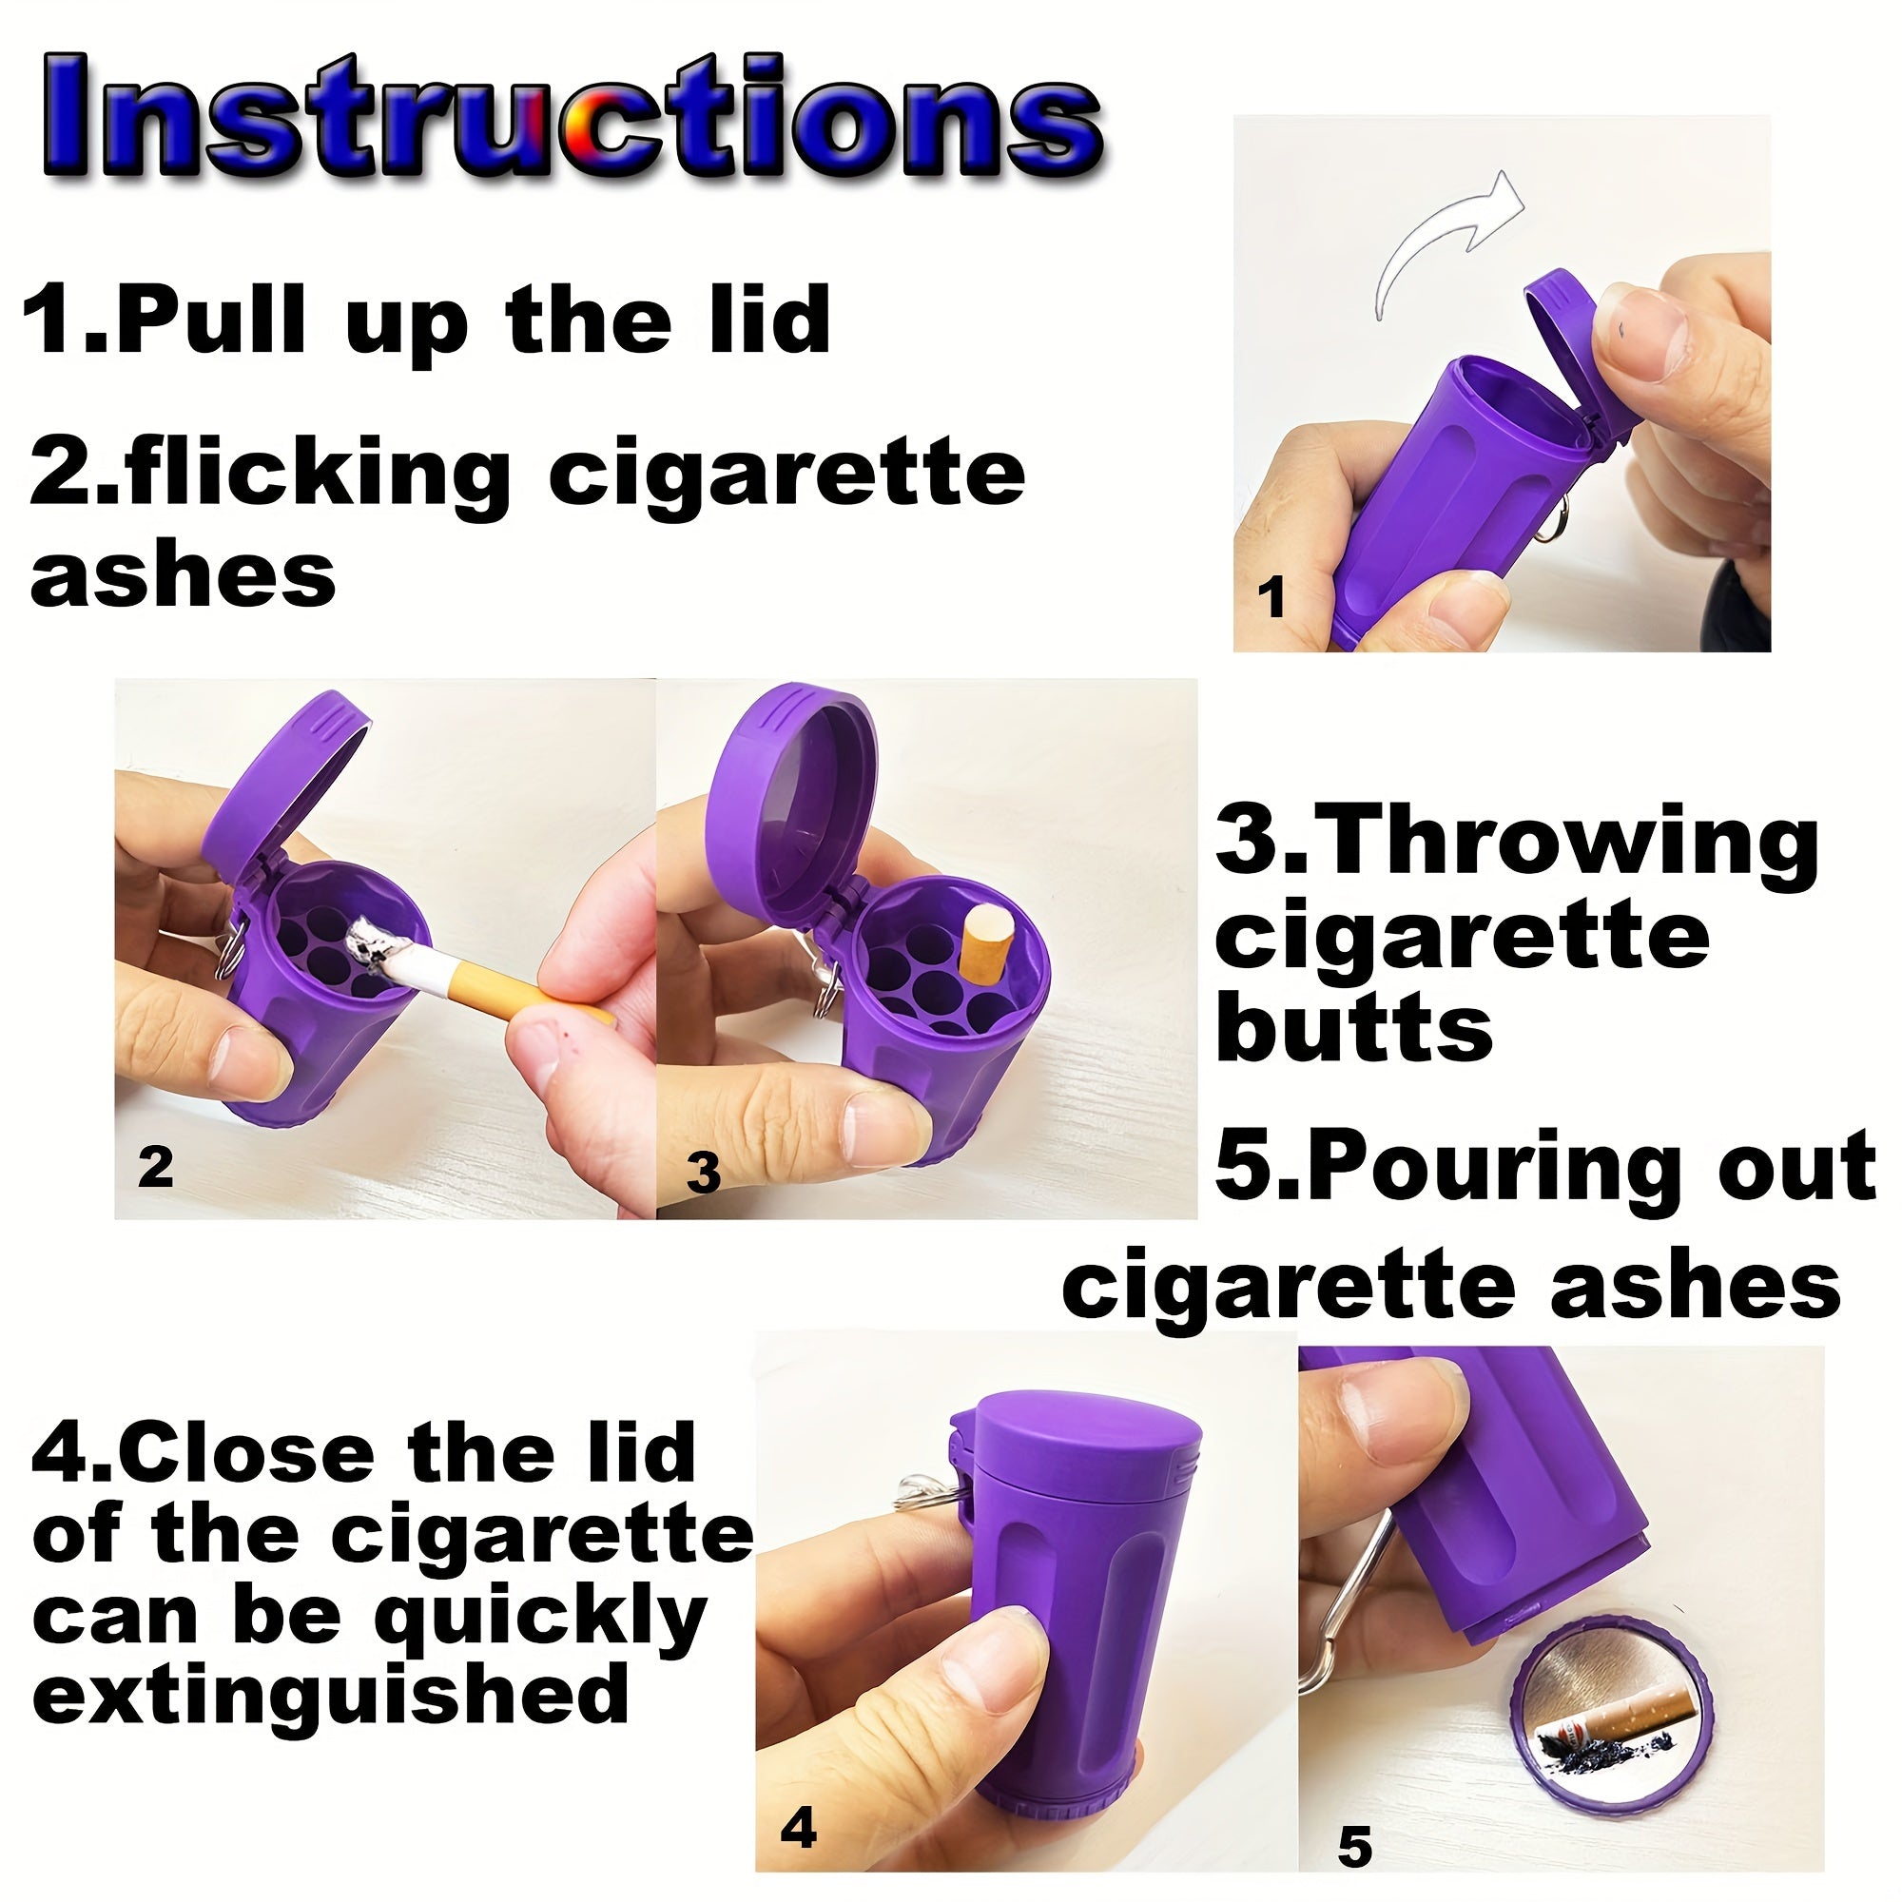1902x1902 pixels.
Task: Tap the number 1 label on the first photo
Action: pyautogui.click(x=1271, y=597)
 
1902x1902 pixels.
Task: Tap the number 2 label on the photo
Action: pyautogui.click(x=156, y=1169)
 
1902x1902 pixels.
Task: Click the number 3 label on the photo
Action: pyautogui.click(x=703, y=1174)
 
